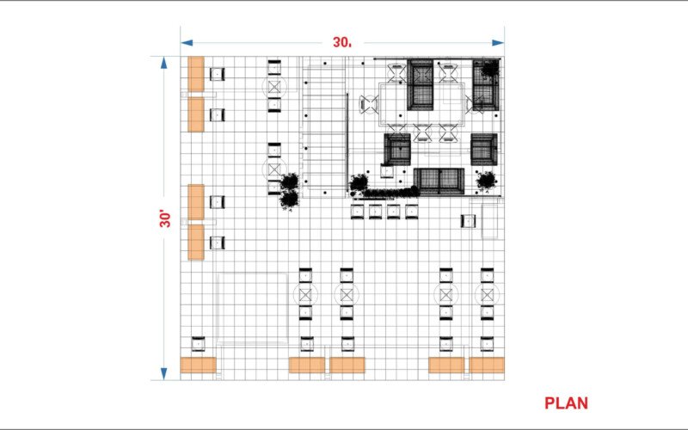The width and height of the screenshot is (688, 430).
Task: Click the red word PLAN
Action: (x=566, y=402)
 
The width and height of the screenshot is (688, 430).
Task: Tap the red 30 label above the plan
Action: (x=341, y=42)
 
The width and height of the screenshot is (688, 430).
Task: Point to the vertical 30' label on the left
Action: (x=165, y=219)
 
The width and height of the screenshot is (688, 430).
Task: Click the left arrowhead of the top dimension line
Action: (x=187, y=42)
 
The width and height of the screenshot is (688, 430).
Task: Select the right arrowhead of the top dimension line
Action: (x=498, y=42)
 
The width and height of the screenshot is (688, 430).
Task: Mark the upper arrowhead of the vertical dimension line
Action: (x=164, y=63)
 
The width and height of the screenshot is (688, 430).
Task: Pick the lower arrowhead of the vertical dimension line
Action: (x=164, y=374)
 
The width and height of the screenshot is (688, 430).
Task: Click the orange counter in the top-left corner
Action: (x=196, y=74)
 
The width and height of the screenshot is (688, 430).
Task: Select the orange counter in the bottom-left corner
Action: (x=199, y=365)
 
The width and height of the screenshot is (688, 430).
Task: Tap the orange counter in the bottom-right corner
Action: (x=487, y=365)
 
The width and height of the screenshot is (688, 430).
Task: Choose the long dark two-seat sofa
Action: (x=439, y=181)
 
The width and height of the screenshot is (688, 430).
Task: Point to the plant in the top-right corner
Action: (x=489, y=69)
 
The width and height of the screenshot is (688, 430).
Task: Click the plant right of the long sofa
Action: (x=486, y=181)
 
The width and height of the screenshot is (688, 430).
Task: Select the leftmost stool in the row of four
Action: (x=357, y=212)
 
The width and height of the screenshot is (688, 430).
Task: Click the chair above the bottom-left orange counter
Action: (x=199, y=344)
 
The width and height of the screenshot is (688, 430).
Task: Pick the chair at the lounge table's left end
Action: (x=369, y=104)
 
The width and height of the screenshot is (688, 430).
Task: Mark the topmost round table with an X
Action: (x=274, y=87)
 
